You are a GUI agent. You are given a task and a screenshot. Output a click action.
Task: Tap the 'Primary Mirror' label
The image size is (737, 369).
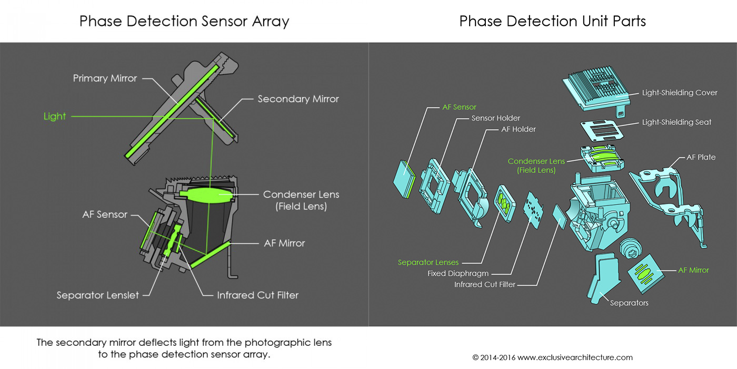click(105, 79)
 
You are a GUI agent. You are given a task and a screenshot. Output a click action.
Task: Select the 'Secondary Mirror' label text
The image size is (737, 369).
click(298, 99)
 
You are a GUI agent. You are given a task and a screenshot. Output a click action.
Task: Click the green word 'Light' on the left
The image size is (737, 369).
click(55, 116)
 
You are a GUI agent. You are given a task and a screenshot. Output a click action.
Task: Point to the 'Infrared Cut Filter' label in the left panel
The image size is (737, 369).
click(257, 295)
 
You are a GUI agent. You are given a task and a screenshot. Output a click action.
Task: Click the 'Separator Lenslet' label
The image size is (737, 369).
click(98, 295)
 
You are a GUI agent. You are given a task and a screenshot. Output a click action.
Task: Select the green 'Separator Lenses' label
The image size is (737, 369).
click(428, 263)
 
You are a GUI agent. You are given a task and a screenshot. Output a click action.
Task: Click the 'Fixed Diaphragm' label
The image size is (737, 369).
click(457, 274)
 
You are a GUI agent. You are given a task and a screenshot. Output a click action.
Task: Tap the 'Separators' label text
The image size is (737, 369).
click(629, 303)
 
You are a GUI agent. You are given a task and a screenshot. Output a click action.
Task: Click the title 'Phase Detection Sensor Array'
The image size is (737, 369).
click(184, 21)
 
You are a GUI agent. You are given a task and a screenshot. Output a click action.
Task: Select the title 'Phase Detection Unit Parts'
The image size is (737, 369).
click(552, 21)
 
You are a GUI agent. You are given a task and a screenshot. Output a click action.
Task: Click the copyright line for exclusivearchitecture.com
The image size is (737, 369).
click(552, 357)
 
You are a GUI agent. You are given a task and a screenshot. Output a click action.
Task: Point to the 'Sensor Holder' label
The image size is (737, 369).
click(496, 118)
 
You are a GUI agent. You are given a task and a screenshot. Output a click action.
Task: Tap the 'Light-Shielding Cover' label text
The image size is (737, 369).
click(679, 93)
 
